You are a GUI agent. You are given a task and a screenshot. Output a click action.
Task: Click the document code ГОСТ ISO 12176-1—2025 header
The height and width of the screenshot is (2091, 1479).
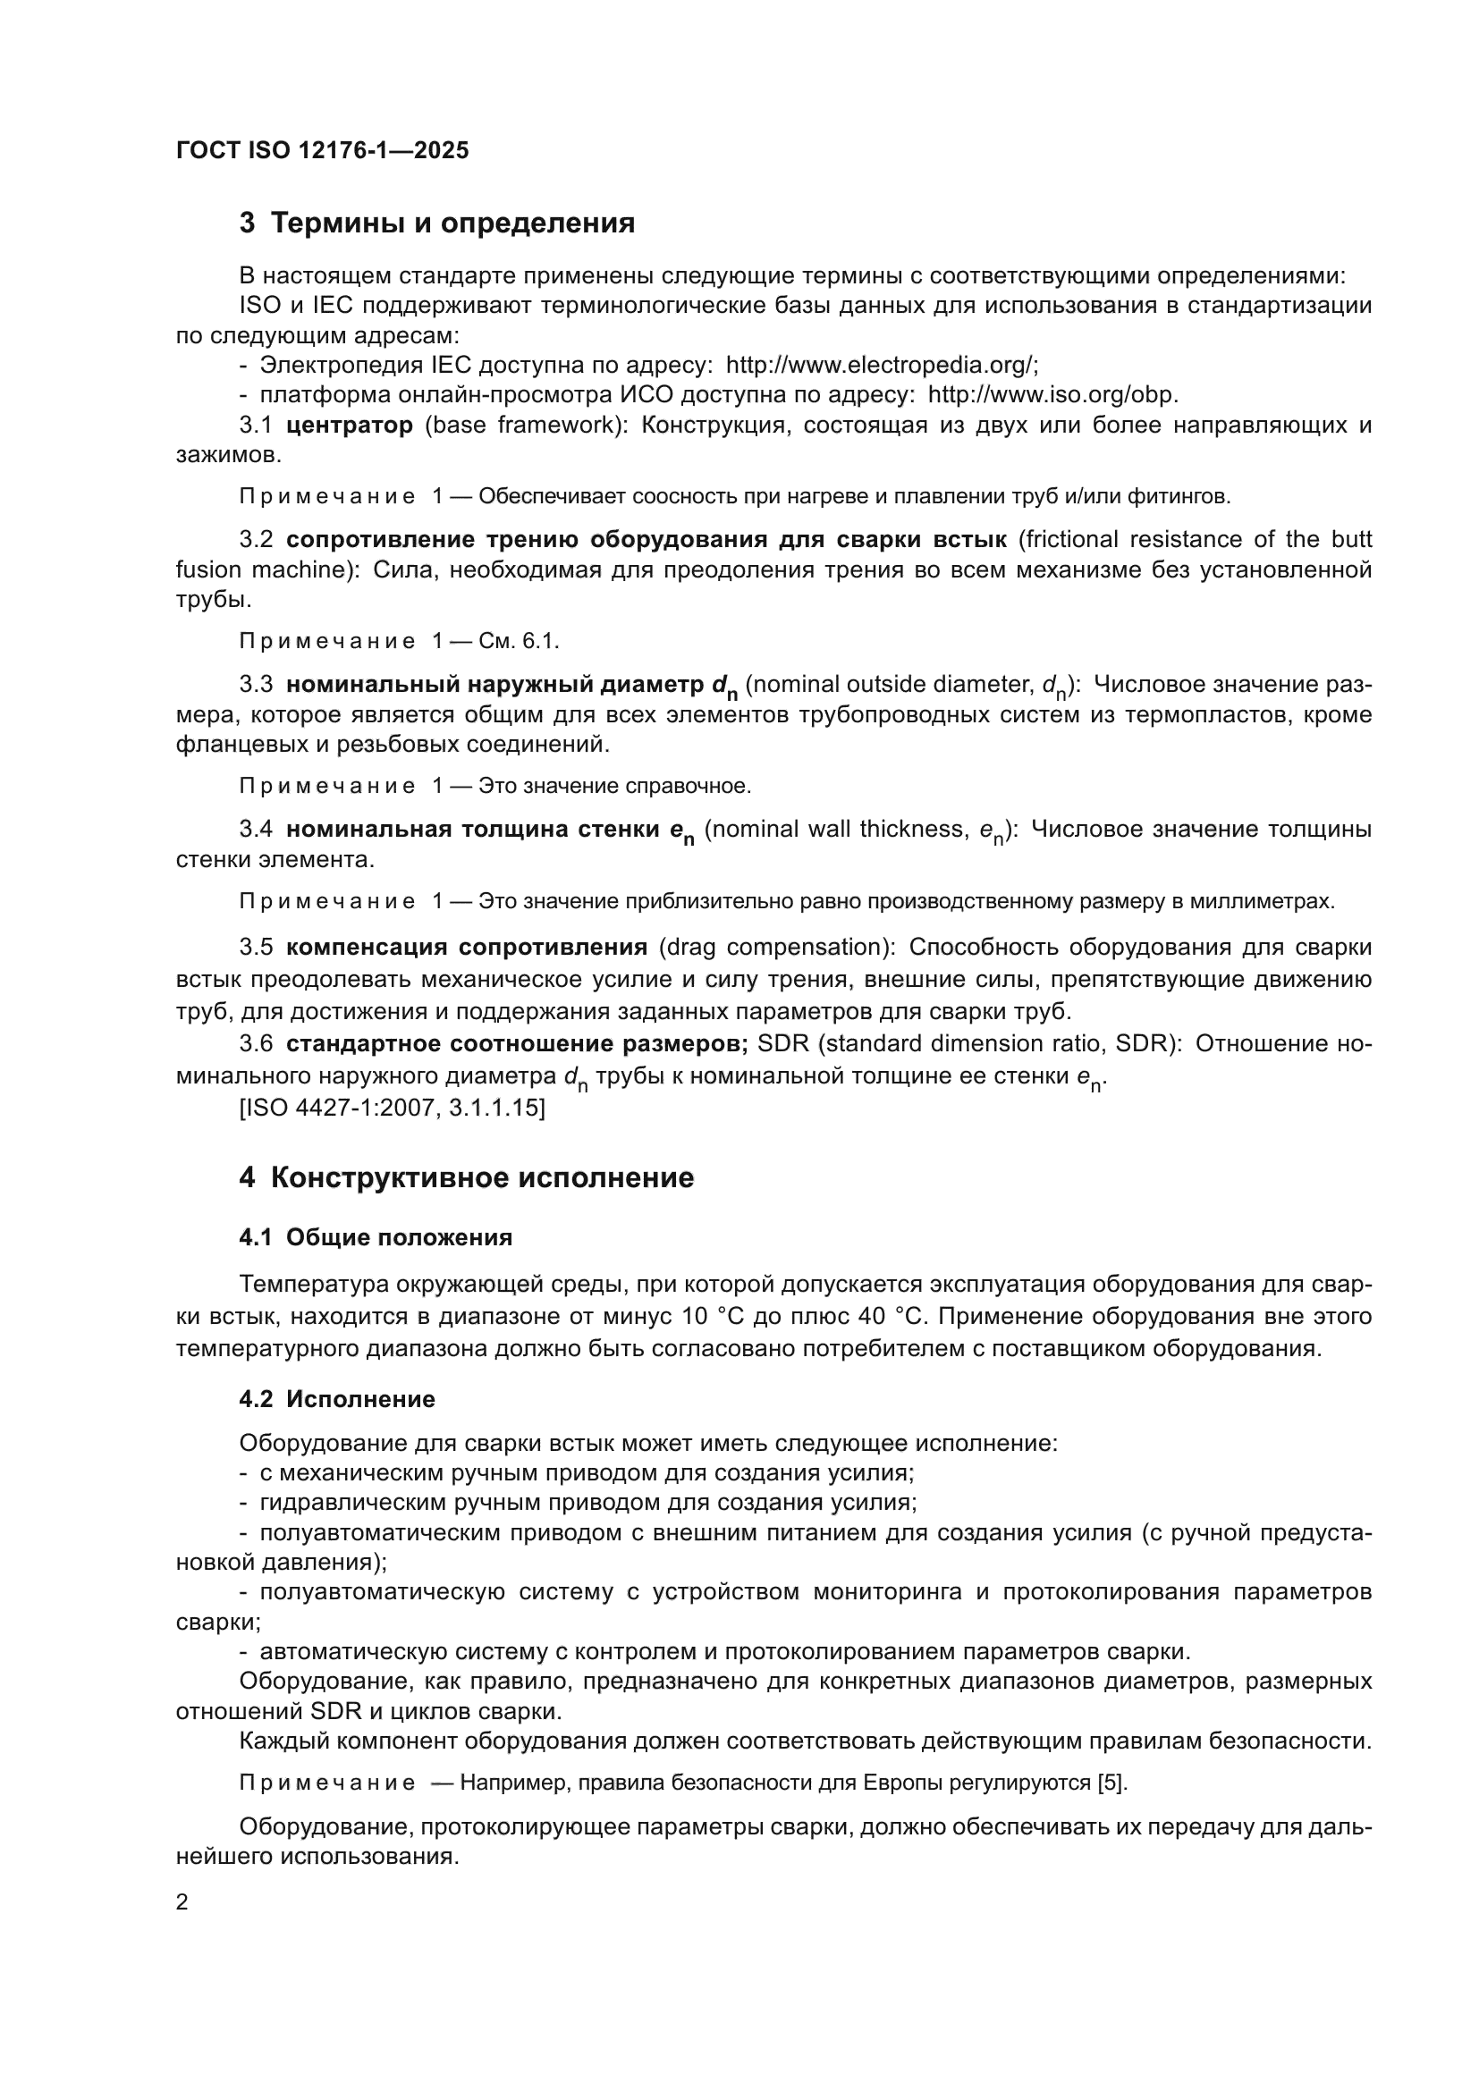coord(323,150)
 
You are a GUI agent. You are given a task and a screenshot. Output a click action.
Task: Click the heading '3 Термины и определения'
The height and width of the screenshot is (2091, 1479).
coord(437,223)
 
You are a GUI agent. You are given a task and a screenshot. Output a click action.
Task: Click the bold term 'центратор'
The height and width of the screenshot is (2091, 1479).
coord(349,426)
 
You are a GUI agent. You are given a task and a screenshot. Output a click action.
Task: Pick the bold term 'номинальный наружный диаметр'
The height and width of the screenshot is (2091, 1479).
coord(497,684)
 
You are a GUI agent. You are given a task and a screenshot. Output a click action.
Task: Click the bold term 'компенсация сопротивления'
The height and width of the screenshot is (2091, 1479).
coord(466,947)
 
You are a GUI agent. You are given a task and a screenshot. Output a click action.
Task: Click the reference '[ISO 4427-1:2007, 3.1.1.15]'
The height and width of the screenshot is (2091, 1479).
coord(392,1109)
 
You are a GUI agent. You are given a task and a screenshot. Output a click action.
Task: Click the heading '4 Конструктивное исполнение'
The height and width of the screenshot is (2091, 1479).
coord(466,1177)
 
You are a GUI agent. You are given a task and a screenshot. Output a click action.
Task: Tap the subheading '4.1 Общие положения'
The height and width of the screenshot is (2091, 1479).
coord(376,1236)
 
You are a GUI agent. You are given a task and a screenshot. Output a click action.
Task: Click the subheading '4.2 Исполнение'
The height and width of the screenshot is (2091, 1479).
coord(337,1399)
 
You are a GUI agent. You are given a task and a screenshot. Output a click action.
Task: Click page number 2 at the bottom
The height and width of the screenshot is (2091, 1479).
coord(182,1902)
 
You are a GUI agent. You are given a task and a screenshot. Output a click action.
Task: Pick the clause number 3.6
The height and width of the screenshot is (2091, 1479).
coord(256,1043)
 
